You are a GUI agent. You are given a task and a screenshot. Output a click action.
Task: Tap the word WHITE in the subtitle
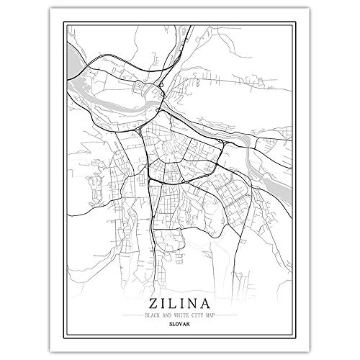pyautogui.click(x=176, y=316)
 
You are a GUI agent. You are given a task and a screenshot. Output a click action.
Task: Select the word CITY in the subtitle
pyautogui.click(x=196, y=316)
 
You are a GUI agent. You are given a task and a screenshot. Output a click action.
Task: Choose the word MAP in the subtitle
pyautogui.click(x=211, y=316)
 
